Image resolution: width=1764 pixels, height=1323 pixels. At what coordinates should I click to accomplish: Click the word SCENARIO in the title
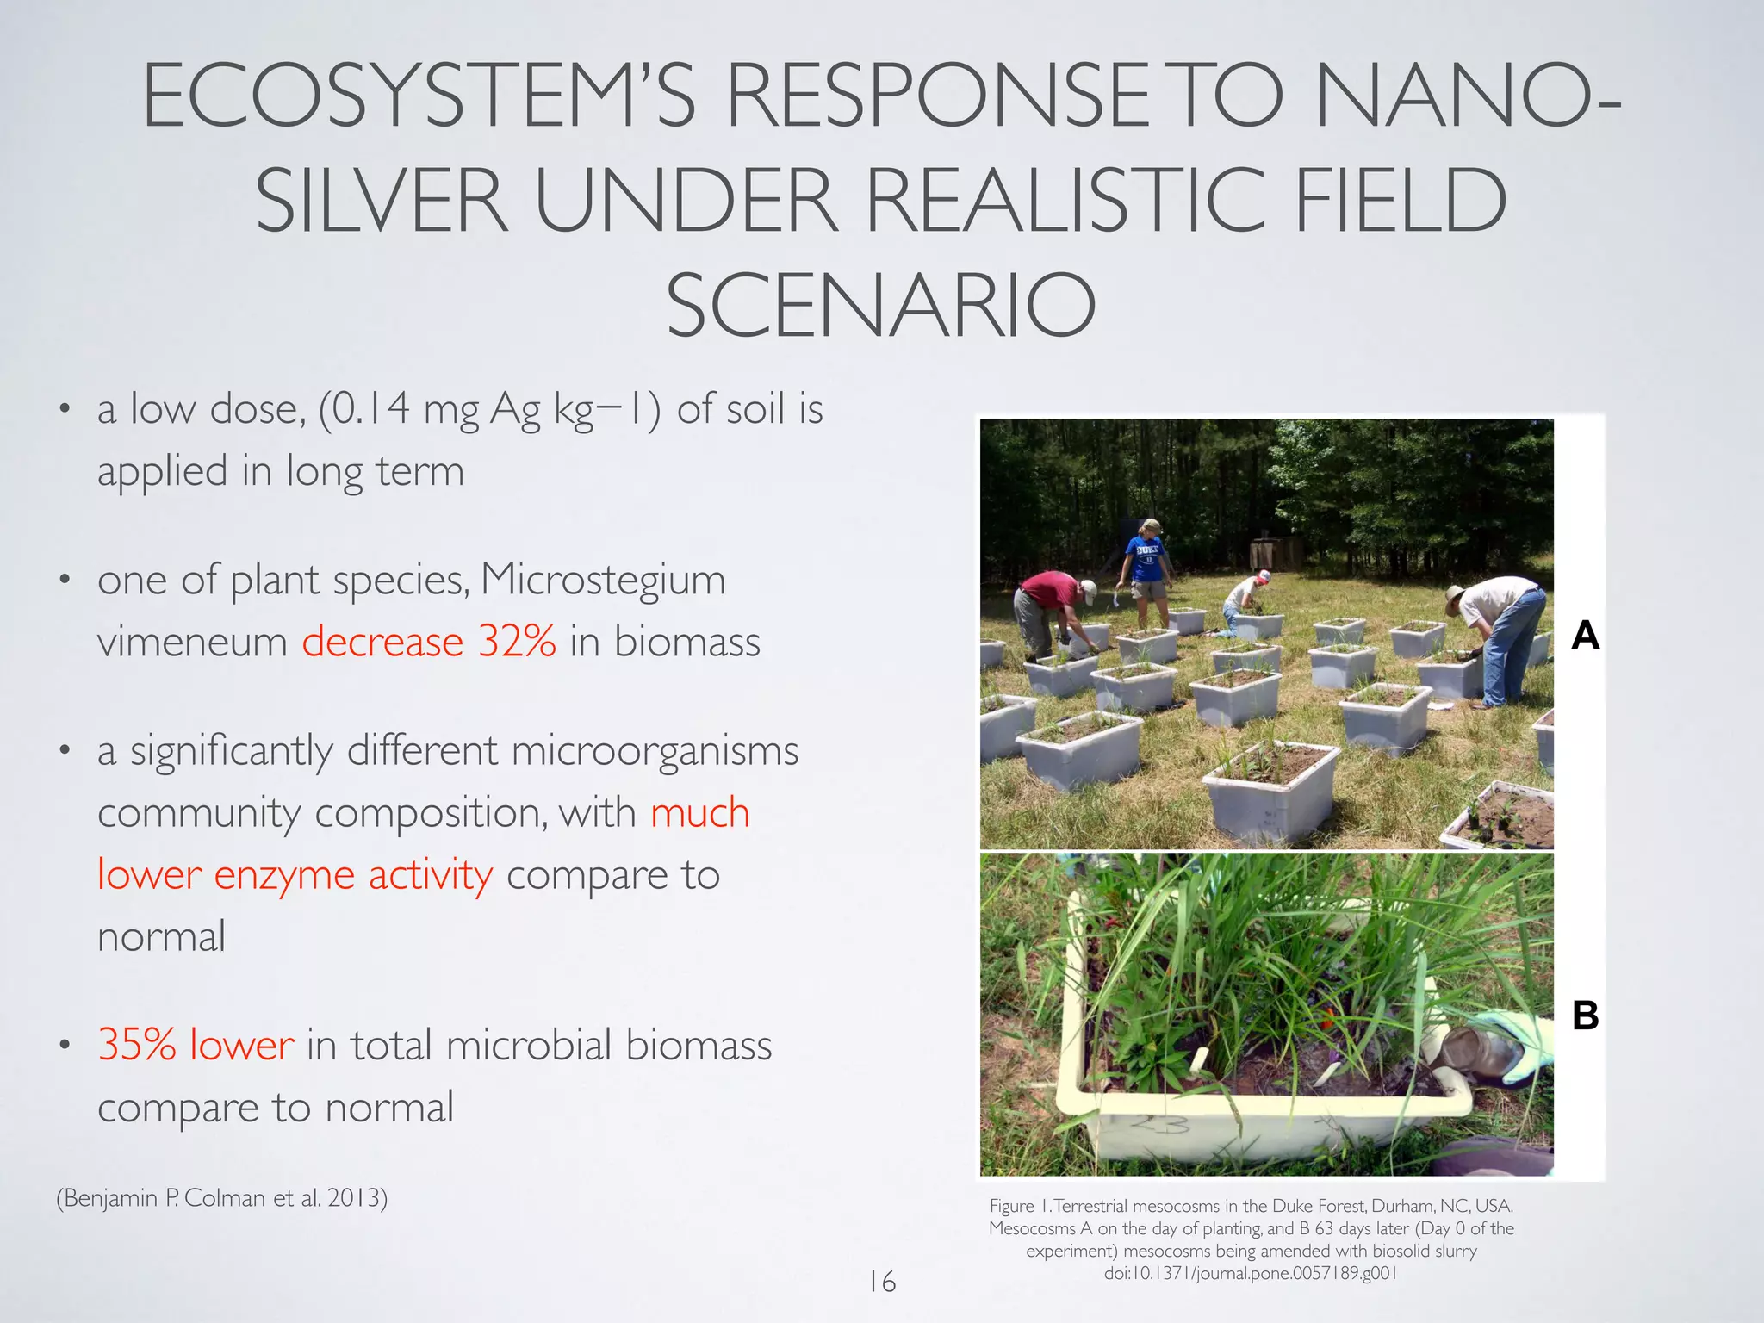880,306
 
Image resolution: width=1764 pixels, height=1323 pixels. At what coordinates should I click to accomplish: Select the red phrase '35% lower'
196,1045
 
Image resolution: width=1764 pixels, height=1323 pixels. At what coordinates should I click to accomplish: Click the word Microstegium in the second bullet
603,580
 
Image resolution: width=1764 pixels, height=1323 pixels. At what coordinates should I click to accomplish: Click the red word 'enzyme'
284,875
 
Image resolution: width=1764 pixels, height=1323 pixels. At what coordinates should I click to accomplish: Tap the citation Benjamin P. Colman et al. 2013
222,1198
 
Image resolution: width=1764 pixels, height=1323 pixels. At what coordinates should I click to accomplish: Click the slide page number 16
882,1282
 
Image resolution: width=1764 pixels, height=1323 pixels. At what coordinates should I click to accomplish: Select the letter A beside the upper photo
1585,636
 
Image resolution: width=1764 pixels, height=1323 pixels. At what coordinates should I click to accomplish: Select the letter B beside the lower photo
1585,1016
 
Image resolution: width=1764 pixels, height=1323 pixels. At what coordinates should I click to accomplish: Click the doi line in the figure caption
1250,1273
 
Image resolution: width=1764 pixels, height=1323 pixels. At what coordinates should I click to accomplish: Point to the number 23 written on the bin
1159,1124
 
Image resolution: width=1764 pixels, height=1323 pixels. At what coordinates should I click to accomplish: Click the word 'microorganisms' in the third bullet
655,751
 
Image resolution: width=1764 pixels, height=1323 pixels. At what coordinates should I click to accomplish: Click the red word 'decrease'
382,642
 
